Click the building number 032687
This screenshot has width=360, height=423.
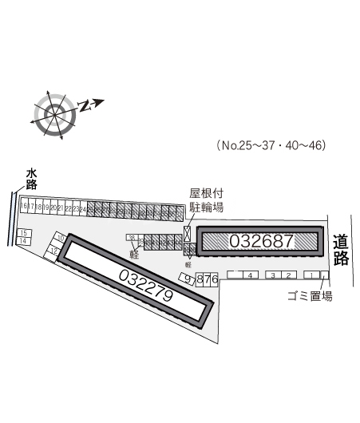[261, 240]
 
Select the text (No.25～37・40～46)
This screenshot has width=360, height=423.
[272, 145]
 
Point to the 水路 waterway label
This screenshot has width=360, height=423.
[31, 177]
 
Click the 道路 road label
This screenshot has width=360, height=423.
[341, 248]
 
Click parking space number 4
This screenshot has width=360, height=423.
[250, 275]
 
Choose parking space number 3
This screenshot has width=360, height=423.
[273, 275]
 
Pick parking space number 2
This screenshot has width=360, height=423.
[287, 275]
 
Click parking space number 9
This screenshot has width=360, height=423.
[187, 279]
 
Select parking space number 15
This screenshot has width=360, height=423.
[22, 233]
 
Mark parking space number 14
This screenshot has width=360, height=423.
[22, 241]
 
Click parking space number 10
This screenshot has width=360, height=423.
[61, 238]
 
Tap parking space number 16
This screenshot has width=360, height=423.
[25, 208]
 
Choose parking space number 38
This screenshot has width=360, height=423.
[131, 238]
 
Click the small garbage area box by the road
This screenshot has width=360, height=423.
[324, 275]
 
